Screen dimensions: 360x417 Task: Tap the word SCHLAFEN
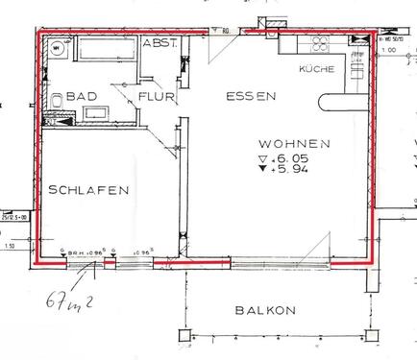click(x=88, y=191)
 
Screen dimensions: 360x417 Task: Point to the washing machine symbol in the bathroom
click(x=61, y=45)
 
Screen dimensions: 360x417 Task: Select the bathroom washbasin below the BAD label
click(x=97, y=114)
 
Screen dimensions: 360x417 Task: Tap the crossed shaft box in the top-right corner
click(x=358, y=41)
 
